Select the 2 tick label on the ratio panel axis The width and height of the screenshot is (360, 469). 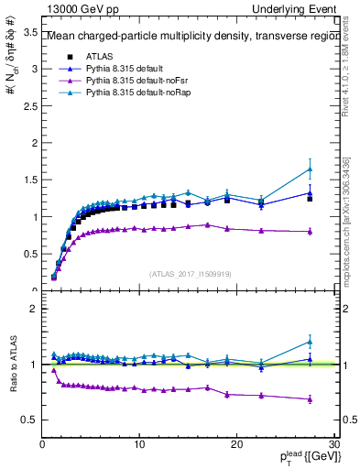[x=34, y=309]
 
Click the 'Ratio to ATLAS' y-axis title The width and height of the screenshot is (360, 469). [x=12, y=364]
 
